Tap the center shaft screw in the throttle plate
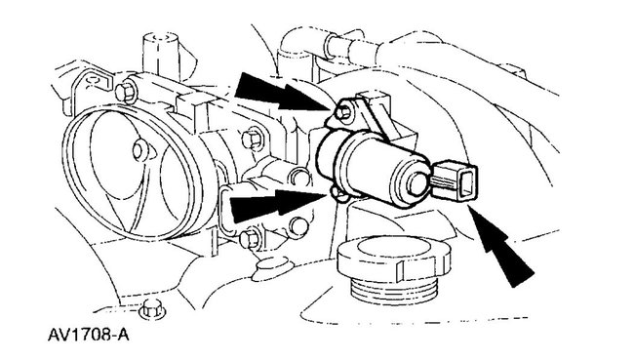[x=139, y=148]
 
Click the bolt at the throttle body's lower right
[x=249, y=235]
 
